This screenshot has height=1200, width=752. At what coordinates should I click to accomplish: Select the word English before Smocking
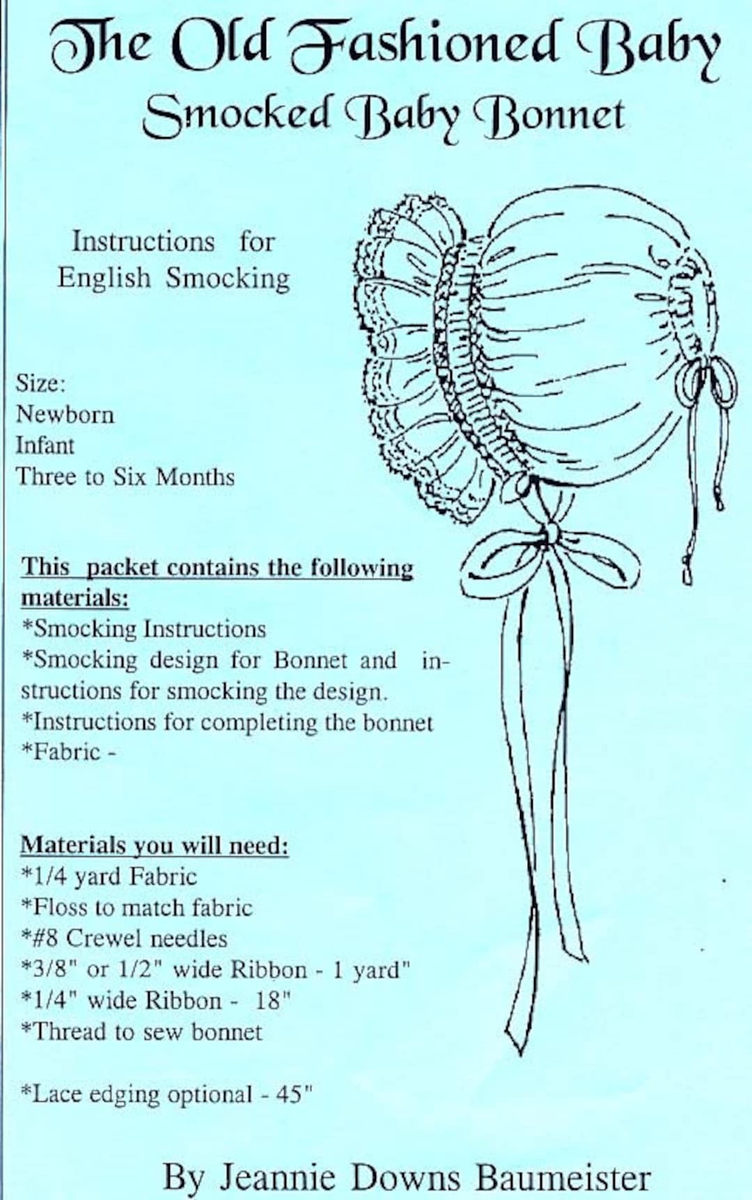coord(104,278)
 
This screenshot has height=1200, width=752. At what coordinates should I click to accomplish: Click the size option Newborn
coord(65,414)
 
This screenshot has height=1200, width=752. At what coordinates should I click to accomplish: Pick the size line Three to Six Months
coord(125,477)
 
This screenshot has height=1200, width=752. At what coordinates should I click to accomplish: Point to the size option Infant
coord(45,445)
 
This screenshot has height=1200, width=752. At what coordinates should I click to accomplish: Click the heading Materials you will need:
coord(154,845)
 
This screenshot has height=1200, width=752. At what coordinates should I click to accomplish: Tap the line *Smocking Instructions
coord(143,629)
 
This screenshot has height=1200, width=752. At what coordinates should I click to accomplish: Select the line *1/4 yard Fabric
coord(109,876)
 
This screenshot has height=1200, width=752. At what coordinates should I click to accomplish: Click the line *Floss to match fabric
coord(136,908)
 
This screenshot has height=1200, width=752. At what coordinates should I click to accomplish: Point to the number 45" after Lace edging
coord(293,1094)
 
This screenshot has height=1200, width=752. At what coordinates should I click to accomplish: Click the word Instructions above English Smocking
coord(143,242)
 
